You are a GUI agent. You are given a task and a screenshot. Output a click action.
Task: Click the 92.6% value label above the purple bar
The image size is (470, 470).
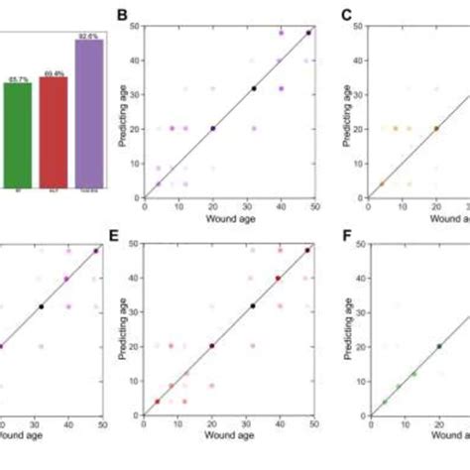point(89,35)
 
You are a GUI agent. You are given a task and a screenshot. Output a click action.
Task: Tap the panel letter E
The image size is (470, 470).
point(123,239)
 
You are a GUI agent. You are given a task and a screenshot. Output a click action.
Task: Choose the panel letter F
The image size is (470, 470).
point(347,239)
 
